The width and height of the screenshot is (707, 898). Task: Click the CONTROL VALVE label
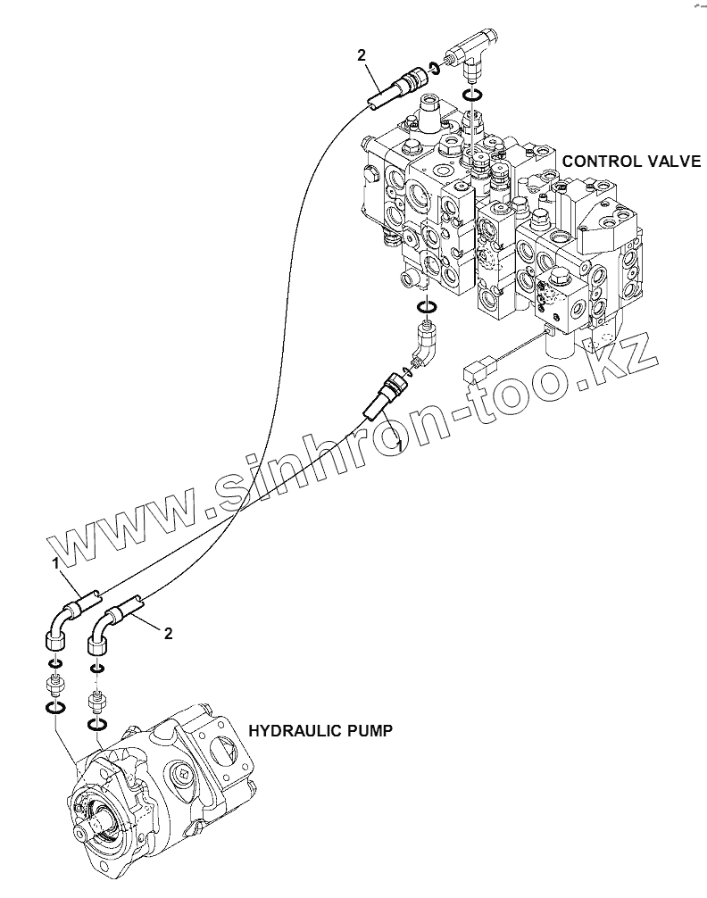click(x=631, y=161)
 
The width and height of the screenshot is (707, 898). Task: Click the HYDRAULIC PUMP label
click(x=320, y=730)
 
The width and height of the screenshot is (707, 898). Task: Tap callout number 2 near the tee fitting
click(x=362, y=55)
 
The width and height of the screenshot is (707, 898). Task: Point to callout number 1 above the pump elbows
click(x=55, y=563)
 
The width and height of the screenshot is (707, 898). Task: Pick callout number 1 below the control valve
click(x=400, y=443)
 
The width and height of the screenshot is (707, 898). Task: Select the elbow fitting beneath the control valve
click(x=426, y=345)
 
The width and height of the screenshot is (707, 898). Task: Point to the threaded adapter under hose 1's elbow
click(x=54, y=686)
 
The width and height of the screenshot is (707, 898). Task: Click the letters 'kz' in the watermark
click(x=627, y=364)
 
